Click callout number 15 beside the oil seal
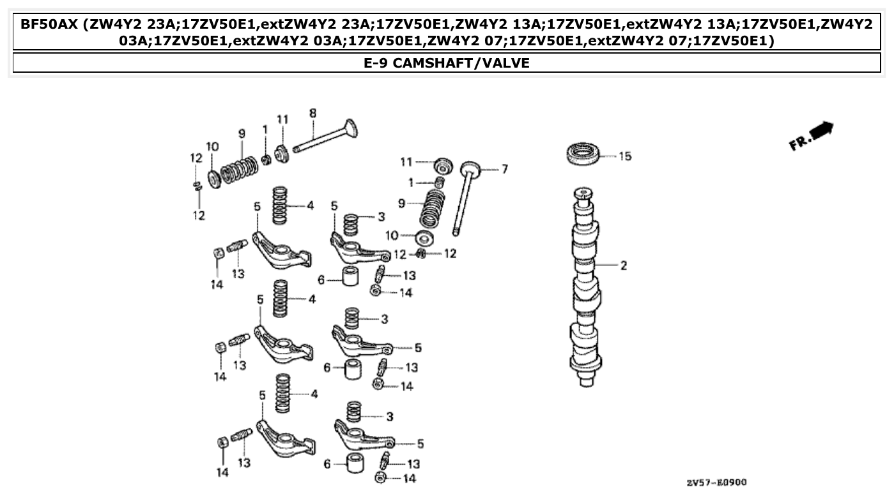coord(624,156)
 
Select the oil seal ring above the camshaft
coord(584,154)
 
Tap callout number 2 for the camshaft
coord(623,266)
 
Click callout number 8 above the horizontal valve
coord(312,114)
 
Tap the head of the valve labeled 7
coord(468,169)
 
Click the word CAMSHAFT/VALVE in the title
coord(461,63)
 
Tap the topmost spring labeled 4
coord(280,204)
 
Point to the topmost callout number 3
coord(381,218)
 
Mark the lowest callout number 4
coord(314,394)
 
